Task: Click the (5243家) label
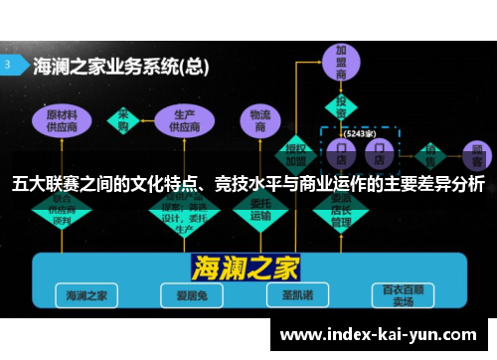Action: point(359,132)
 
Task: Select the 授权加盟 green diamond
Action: point(296,150)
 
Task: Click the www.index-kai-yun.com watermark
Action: point(380,335)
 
